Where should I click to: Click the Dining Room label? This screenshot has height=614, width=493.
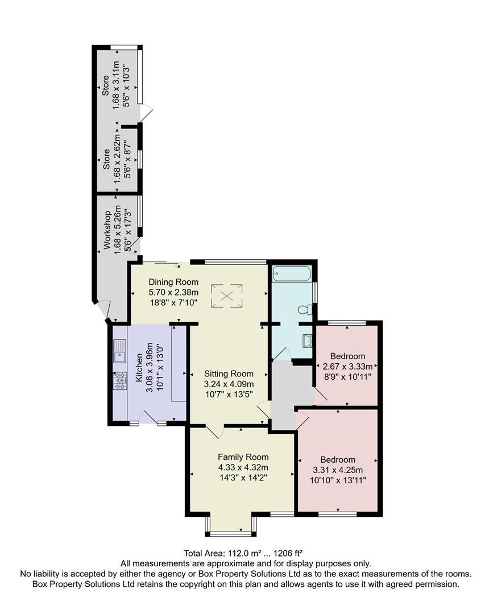(173, 282)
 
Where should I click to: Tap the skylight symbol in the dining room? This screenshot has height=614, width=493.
(227, 294)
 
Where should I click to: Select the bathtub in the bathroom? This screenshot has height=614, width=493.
(292, 273)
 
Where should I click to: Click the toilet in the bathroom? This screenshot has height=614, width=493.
(306, 310)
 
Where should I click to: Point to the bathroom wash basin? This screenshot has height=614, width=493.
(306, 341)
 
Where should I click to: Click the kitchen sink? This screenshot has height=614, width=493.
(120, 351)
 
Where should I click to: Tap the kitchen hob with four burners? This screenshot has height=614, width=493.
(120, 380)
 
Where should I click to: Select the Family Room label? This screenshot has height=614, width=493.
(243, 457)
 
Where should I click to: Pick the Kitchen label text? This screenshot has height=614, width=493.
(138, 370)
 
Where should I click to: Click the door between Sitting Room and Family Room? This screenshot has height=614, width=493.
(214, 432)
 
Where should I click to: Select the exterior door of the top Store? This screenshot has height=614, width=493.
(147, 114)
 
